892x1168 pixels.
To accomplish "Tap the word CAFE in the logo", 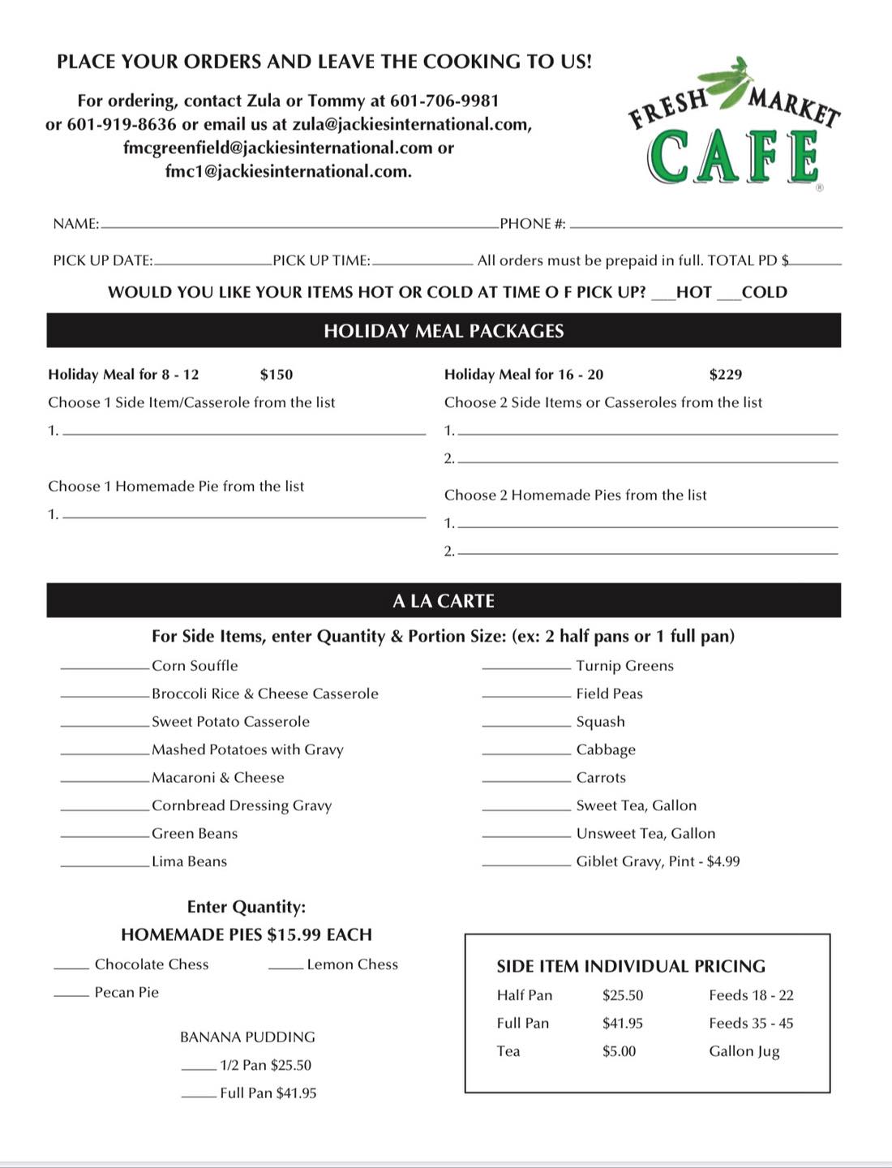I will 733,157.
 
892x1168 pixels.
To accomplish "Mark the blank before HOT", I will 663,298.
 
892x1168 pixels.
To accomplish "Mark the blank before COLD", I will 728,298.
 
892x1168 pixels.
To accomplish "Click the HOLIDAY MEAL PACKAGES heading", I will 444,331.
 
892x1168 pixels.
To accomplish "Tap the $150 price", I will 277,374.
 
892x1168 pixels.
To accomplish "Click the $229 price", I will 726,374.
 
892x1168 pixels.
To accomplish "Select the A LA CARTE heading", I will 444,601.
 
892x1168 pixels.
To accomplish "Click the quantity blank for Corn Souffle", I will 105,668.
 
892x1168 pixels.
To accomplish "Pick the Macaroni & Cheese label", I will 218,777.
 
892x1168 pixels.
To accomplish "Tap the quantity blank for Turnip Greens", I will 526,668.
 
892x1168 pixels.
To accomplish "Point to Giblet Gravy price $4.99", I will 723,861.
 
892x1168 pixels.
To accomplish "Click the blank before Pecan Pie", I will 71,995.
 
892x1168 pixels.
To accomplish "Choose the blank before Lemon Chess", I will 285,968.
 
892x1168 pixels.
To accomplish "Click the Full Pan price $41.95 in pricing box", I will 623,1024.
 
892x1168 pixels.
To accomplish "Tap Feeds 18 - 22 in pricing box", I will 751,995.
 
